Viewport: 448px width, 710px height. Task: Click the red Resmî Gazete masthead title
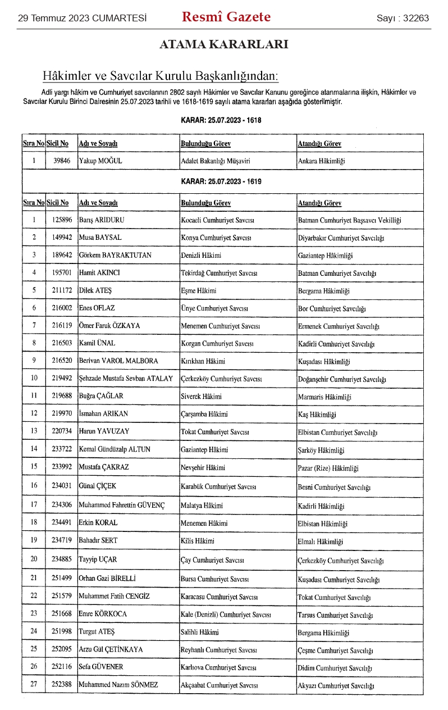pos(226,17)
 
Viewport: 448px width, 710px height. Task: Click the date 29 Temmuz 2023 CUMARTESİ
pos(82,18)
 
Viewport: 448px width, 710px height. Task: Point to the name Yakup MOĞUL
pos(100,161)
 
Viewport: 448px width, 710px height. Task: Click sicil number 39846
pos(62,161)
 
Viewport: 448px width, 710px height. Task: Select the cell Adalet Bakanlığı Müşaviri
pos(215,161)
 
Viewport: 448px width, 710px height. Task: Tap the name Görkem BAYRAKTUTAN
pos(115,256)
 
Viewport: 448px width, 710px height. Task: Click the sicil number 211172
pos(62,290)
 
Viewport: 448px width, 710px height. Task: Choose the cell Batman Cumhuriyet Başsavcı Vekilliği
pos(349,220)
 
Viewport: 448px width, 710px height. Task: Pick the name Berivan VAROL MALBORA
pos(118,361)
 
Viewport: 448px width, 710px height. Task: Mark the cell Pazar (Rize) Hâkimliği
pos(328,468)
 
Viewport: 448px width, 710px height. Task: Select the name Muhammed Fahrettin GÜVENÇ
pos(122,506)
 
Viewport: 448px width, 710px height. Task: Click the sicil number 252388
pos(62,685)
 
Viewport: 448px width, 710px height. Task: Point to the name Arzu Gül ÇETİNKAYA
pos(111,649)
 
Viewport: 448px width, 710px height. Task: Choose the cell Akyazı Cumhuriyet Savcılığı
pos(336,685)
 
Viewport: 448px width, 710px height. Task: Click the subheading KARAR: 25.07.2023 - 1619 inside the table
pos(221,181)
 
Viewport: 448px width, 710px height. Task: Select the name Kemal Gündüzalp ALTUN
pos(115,449)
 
